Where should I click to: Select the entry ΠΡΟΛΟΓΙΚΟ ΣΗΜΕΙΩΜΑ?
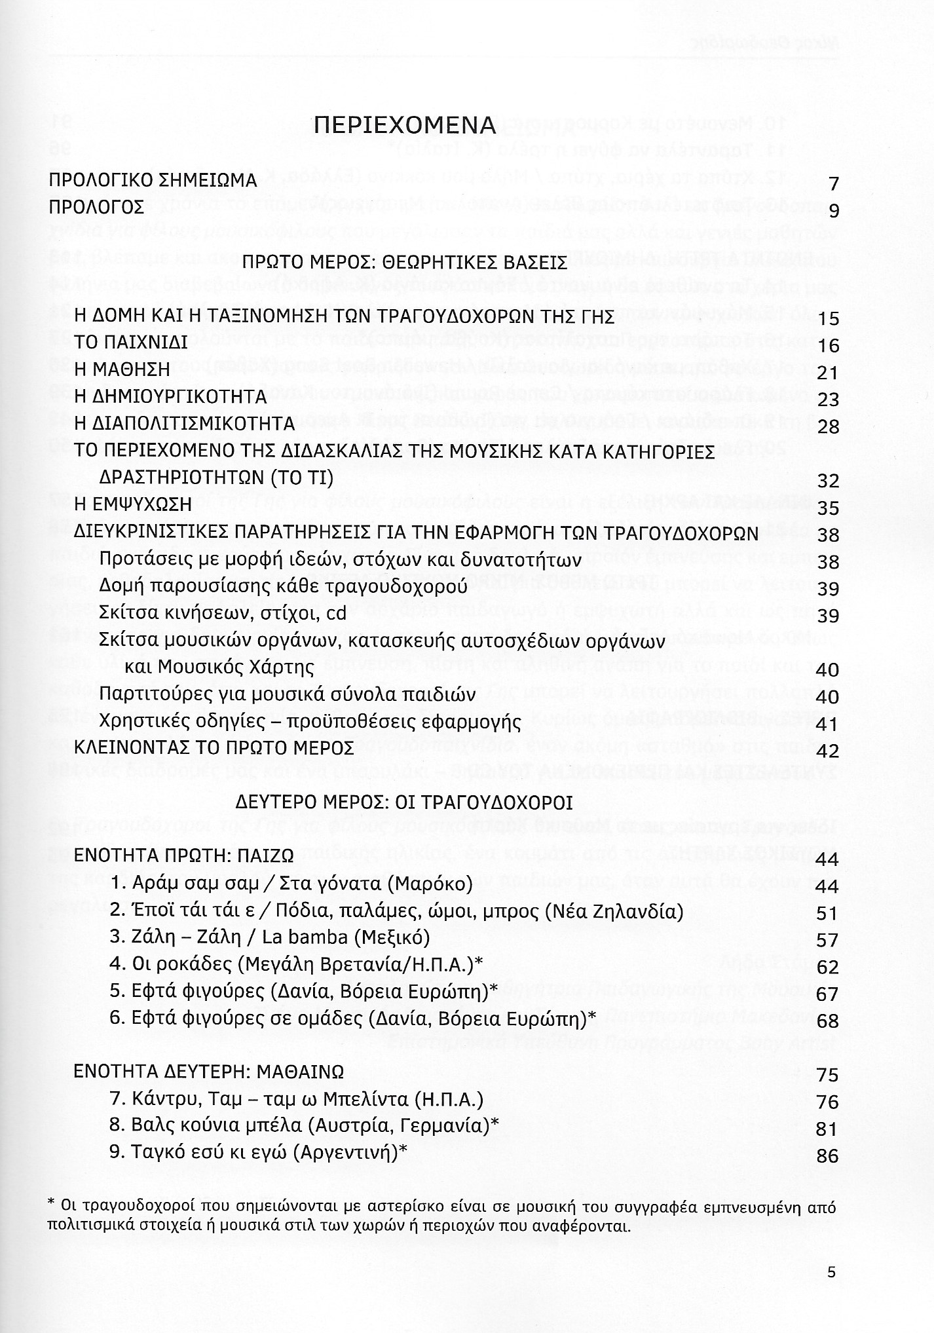point(153,181)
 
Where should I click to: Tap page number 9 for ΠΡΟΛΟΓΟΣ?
point(833,211)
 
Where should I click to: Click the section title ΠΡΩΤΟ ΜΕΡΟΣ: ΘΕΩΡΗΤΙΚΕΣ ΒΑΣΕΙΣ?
point(405,263)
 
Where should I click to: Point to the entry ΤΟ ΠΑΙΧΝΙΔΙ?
point(131,342)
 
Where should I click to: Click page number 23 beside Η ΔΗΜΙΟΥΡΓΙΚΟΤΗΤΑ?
point(828,400)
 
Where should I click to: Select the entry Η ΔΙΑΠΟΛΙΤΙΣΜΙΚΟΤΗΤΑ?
point(185,424)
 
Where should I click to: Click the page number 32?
point(828,481)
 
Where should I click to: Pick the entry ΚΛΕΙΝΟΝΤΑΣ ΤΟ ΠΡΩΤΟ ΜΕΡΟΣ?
point(214,747)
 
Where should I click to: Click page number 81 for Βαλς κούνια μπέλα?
point(828,1129)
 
